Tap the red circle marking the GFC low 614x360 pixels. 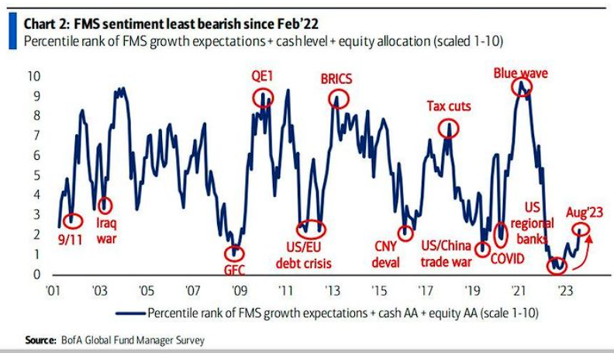point(233,254)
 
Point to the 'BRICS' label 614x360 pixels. point(337,79)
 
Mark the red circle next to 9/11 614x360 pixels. point(73,221)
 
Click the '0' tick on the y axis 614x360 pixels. point(36,274)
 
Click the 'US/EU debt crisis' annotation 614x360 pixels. point(305,255)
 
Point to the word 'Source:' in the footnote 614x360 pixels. point(40,340)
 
